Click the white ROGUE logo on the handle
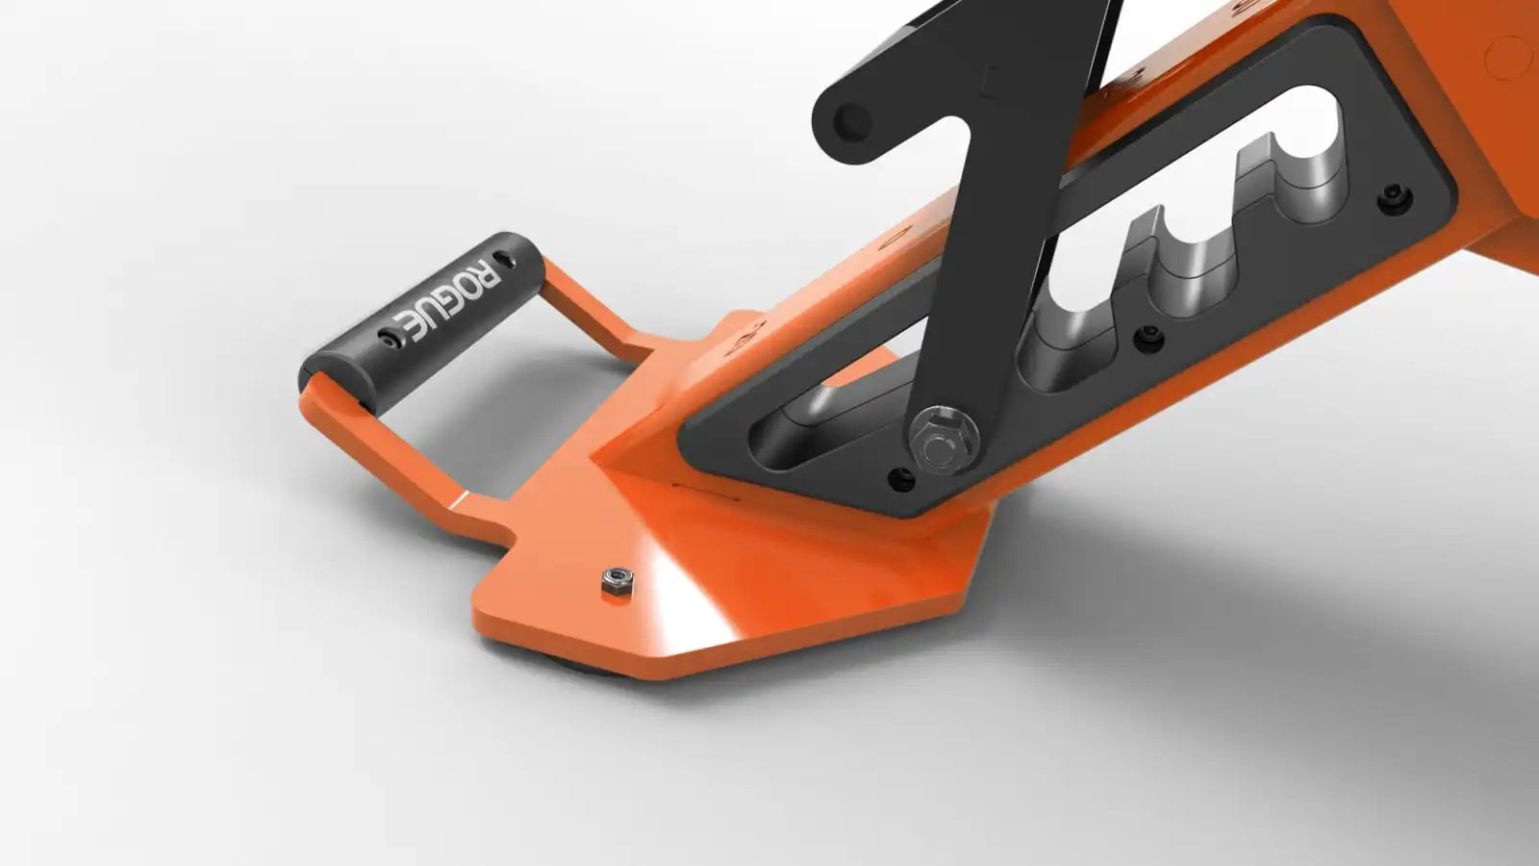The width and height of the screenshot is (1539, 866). point(445,299)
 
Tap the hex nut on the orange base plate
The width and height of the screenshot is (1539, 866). point(616,581)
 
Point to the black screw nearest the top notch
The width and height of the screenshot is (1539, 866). point(1394,197)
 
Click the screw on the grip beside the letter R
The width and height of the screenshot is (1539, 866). point(507,259)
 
